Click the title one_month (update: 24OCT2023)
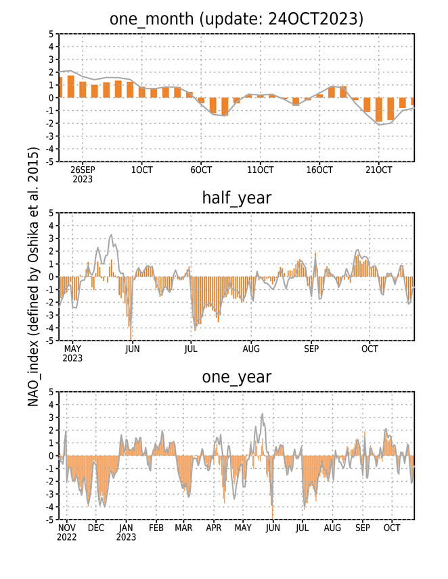point(236,19)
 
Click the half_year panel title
point(236,199)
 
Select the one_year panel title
point(236,377)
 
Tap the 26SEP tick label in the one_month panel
point(83,170)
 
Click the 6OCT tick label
point(201,170)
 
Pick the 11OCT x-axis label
point(260,170)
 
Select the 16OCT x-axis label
point(319,170)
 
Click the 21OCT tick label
point(378,170)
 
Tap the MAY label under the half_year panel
point(72,349)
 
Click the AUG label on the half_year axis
point(251,349)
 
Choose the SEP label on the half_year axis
point(311,349)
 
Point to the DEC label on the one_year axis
point(96,528)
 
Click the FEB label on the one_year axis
point(156,528)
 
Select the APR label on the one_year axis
point(213,528)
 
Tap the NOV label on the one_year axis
point(66,528)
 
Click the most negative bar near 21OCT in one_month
point(379,109)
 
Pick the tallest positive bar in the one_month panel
point(70,86)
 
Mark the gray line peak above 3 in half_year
point(112,235)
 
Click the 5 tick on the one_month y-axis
point(51,34)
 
